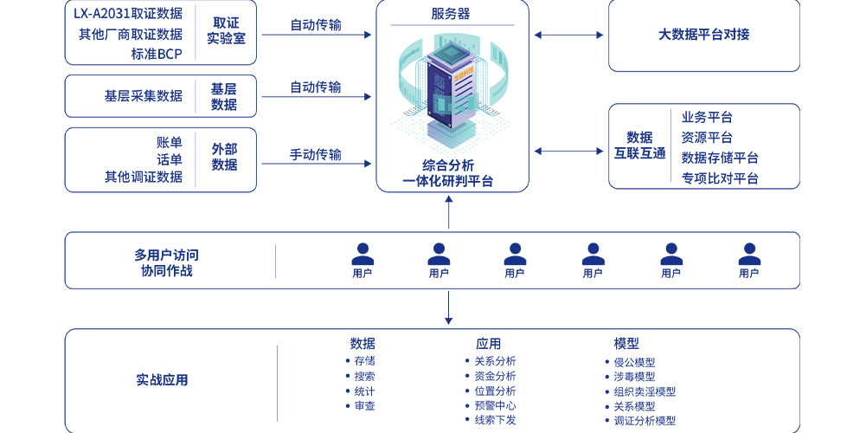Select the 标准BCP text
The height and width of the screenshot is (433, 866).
pos(157,54)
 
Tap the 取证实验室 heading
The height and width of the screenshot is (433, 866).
pos(226,31)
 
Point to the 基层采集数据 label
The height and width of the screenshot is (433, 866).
pos(144,96)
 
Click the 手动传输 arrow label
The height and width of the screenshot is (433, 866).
pos(315,155)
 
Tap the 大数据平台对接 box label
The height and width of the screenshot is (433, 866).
pos(703,35)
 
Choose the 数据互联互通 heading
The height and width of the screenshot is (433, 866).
pos(639,145)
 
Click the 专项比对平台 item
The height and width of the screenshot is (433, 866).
pos(720,178)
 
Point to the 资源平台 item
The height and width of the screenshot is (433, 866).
pos(707,138)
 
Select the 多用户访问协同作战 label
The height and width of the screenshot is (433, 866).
pos(166,263)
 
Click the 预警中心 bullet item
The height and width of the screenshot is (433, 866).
pos(495,405)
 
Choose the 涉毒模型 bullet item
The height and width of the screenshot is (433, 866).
pos(634,377)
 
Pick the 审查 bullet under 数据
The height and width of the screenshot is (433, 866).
pos(364,405)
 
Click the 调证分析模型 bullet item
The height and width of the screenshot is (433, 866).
pos(645,421)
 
